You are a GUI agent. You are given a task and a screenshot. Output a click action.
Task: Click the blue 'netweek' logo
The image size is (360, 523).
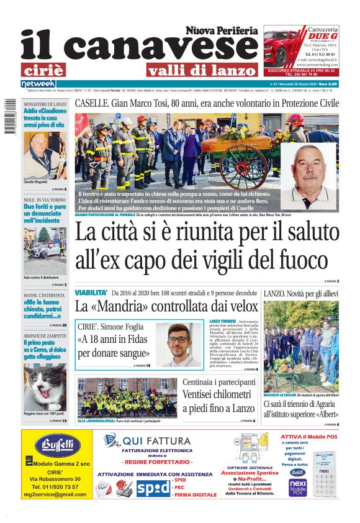38,84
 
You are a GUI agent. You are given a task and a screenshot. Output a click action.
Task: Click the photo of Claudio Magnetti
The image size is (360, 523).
45,155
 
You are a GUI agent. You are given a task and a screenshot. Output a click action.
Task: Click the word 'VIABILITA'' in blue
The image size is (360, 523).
91,292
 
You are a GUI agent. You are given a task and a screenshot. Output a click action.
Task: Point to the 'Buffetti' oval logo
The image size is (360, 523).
58,446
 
